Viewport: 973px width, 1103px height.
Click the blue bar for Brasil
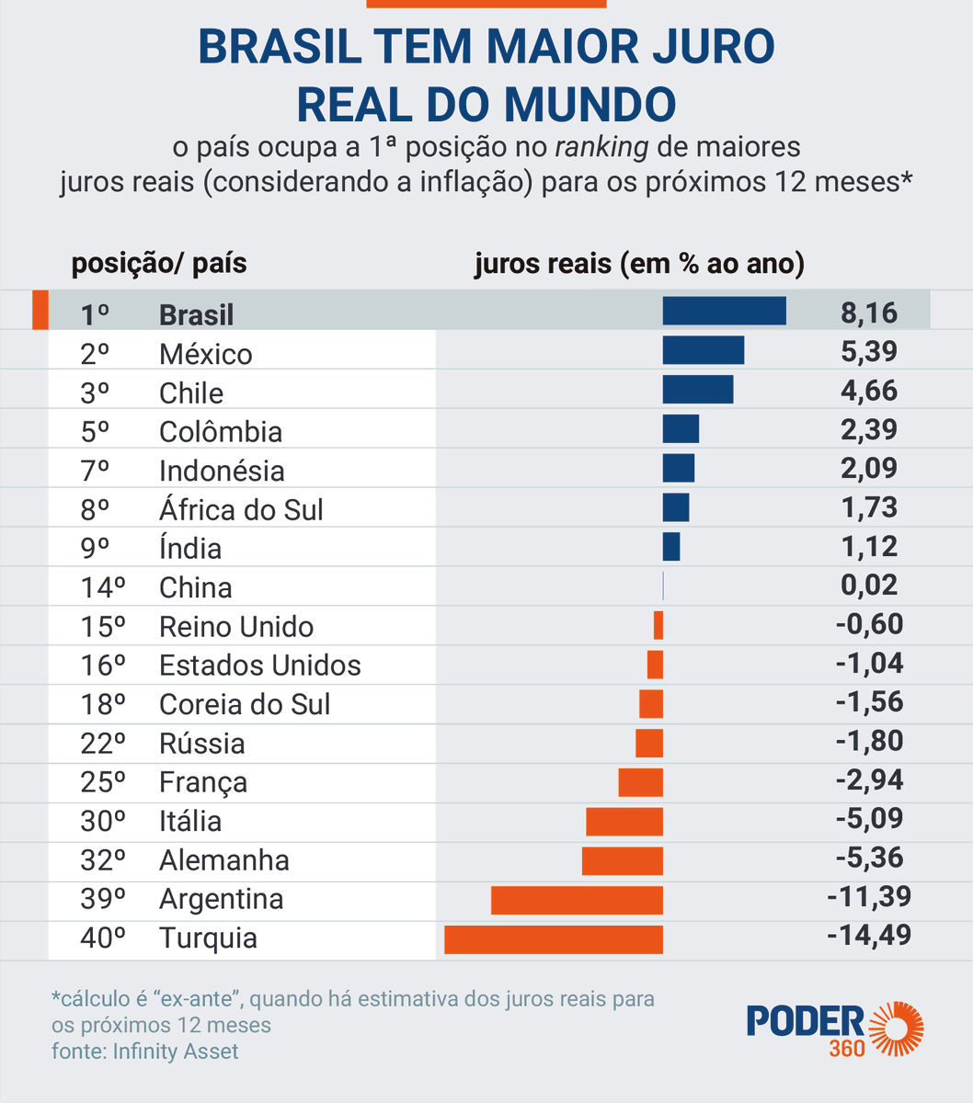pos(724,311)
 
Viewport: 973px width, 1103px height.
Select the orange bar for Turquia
pos(553,939)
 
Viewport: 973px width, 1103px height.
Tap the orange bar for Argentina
pos(577,900)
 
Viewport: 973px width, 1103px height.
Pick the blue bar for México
pos(703,350)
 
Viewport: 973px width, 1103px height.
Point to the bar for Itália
pos(624,822)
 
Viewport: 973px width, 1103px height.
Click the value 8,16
pos(868,313)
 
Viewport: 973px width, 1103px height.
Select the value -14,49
pos(868,936)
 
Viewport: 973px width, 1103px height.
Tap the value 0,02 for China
pos(868,586)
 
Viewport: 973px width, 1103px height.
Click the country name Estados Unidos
pos(259,665)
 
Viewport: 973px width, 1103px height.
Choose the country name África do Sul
pos(241,510)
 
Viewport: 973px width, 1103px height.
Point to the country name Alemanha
pos(223,860)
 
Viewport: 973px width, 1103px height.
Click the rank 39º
pos(102,899)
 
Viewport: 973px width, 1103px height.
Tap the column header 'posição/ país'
pos(159,264)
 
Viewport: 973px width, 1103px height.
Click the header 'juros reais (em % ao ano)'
pos(639,264)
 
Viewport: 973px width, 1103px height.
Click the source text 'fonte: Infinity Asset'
pos(144,1052)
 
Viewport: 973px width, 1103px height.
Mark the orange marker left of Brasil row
pos(40,310)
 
